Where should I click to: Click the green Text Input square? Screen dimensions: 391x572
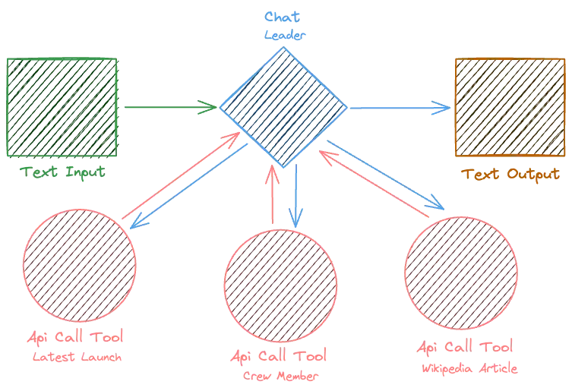tap(63, 106)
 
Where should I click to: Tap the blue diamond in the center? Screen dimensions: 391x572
tap(283, 107)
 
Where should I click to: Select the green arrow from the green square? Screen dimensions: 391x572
tap(167, 107)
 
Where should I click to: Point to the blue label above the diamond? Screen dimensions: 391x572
tap(283, 25)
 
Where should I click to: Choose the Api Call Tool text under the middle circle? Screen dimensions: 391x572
tap(280, 356)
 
